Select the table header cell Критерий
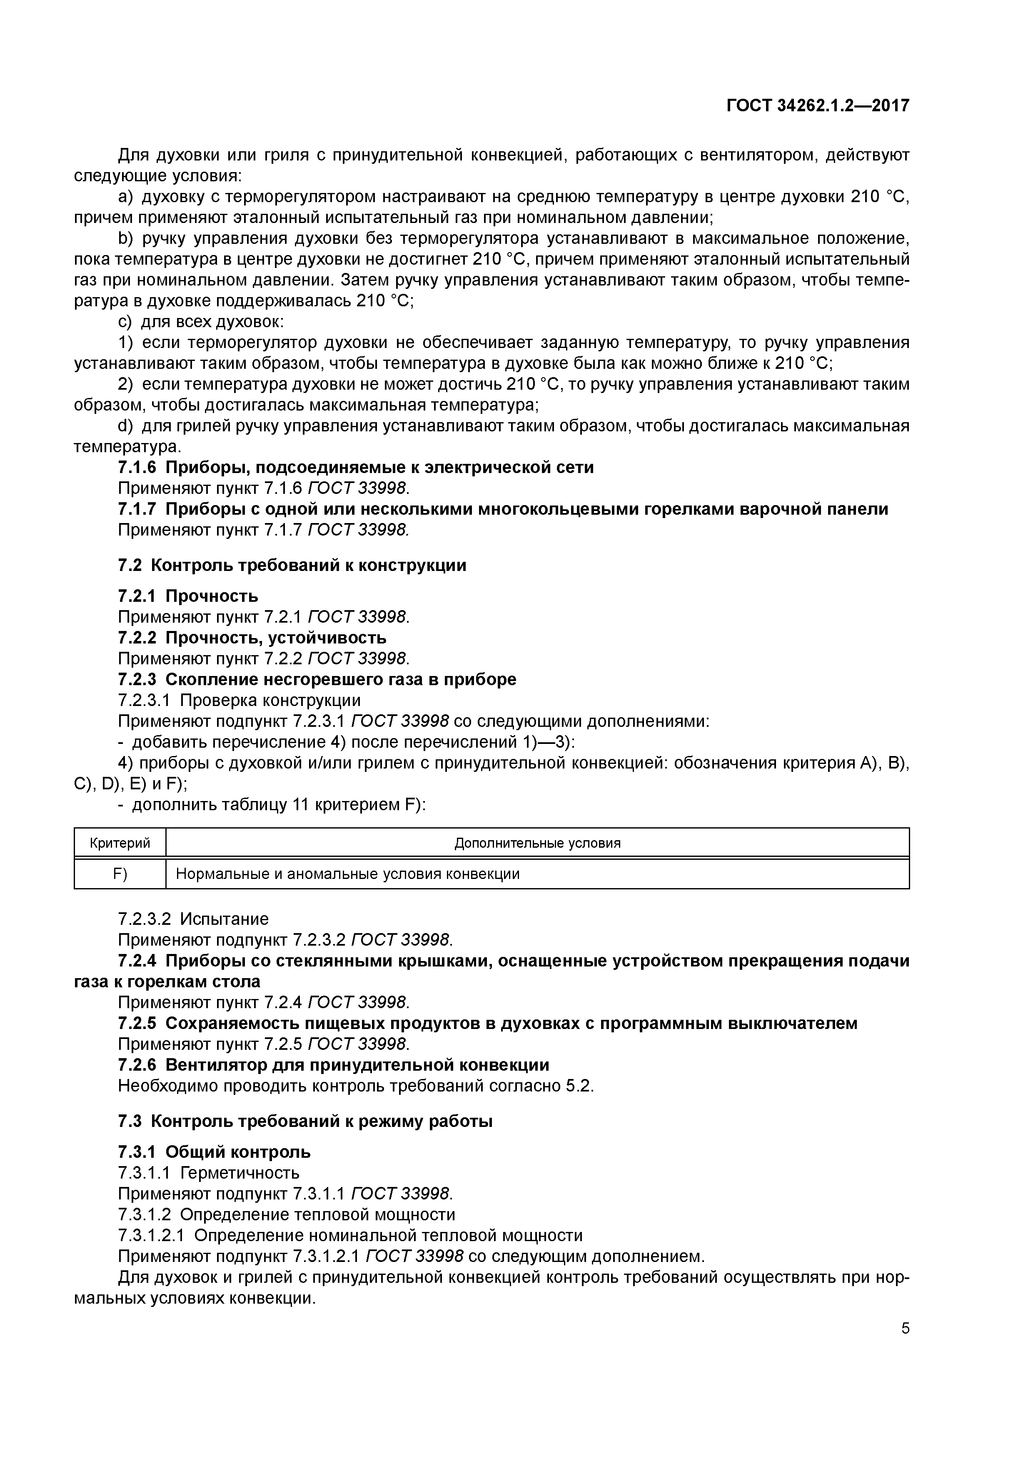click(x=120, y=843)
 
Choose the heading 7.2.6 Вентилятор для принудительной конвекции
click(x=334, y=1065)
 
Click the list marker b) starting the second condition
click(x=124, y=239)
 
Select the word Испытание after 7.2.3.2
click(x=224, y=919)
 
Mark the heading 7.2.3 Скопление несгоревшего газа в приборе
click(x=317, y=679)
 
